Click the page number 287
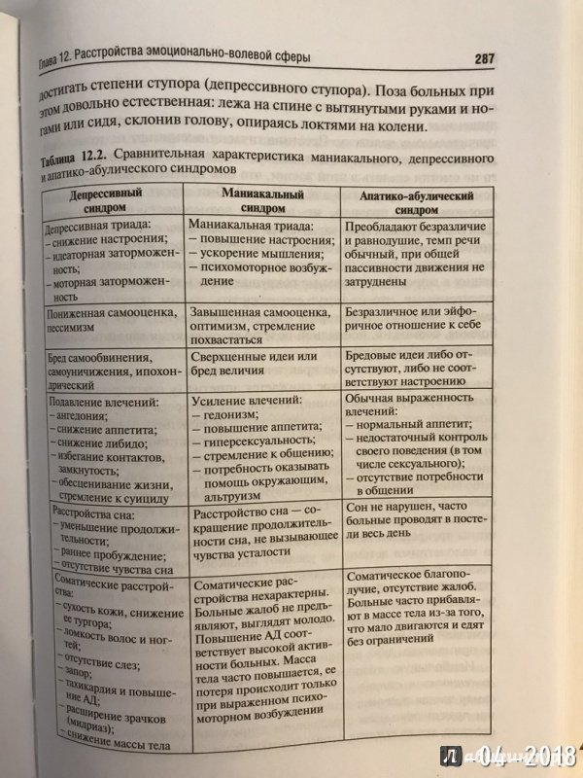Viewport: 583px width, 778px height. click(x=486, y=58)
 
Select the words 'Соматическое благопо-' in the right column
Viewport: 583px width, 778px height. click(x=397, y=575)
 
